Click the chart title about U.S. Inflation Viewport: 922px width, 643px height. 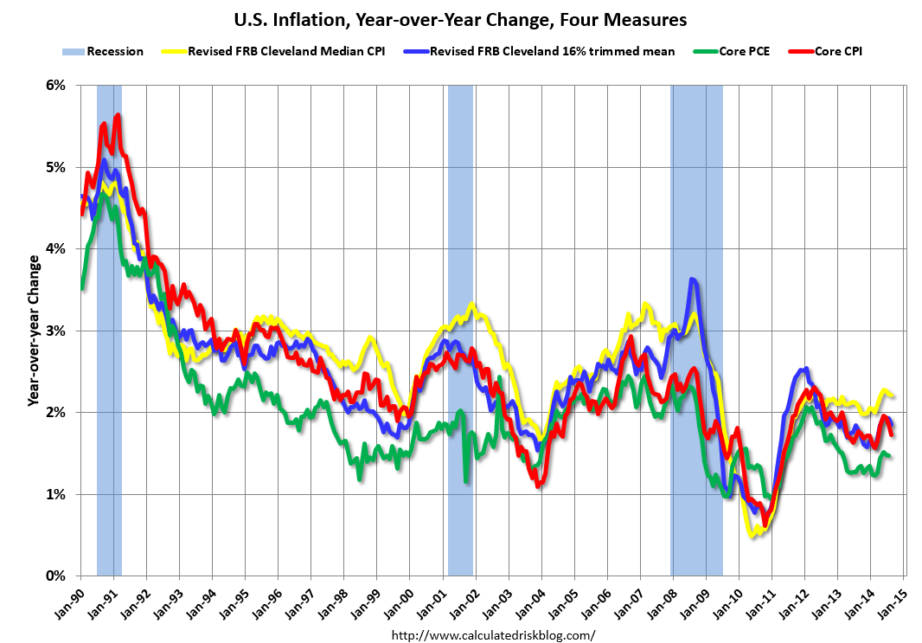460,18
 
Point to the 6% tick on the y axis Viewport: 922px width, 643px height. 56,85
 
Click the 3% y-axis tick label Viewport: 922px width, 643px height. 56,331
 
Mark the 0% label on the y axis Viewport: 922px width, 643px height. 56,576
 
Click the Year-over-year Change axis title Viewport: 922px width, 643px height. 33,330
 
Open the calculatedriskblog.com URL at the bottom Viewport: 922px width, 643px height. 494,635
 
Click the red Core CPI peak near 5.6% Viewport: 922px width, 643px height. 118,115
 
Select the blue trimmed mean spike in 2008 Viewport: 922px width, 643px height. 693,280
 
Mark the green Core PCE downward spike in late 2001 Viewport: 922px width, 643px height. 466,479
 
